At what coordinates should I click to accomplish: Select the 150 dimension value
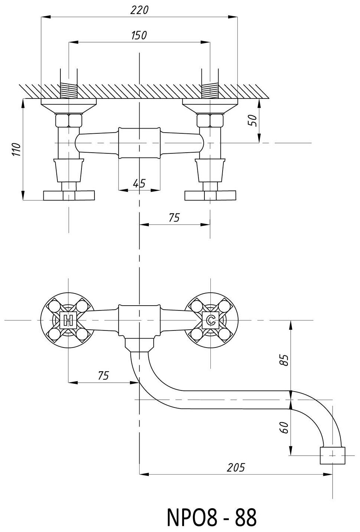pos(139,35)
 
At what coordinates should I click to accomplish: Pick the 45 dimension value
pos(139,183)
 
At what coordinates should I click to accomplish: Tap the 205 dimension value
pos(236,467)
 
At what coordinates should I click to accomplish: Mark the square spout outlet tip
pos(333,455)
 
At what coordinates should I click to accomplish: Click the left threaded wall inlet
pos(69,90)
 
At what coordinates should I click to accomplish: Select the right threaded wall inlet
pos(210,90)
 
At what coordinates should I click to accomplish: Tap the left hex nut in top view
pos(69,120)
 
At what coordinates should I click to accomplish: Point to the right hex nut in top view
pos(210,120)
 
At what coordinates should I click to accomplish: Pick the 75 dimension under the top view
pos(174,217)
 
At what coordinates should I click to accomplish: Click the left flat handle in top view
pos(69,195)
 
